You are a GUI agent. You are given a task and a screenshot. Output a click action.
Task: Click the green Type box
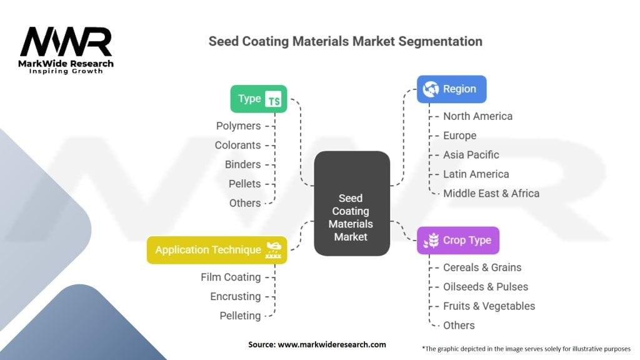(258, 99)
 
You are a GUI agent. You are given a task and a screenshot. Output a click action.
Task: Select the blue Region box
(451, 89)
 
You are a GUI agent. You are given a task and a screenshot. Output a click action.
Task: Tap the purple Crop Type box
(457, 241)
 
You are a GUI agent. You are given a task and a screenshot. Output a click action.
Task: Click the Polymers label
(238, 126)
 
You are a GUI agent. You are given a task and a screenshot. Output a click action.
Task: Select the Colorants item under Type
(237, 145)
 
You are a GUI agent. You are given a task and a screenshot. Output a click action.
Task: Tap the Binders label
(242, 164)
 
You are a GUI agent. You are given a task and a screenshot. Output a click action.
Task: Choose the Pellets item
(244, 184)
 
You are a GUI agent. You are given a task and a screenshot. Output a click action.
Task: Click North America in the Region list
(477, 116)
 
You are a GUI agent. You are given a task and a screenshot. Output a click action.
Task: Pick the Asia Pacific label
(471, 155)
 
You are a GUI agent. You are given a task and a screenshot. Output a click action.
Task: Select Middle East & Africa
(491, 193)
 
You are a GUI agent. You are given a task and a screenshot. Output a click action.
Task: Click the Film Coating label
(231, 277)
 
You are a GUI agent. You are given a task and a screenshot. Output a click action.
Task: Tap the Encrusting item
(235, 296)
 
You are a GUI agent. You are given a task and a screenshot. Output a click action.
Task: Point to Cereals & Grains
(482, 267)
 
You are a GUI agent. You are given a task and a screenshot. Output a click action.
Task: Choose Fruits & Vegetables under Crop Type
(489, 306)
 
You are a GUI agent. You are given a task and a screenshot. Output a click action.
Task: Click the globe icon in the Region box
(431, 89)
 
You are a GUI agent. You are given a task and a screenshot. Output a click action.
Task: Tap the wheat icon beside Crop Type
(431, 241)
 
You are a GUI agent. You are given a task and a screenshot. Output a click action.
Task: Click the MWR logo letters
(66, 42)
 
